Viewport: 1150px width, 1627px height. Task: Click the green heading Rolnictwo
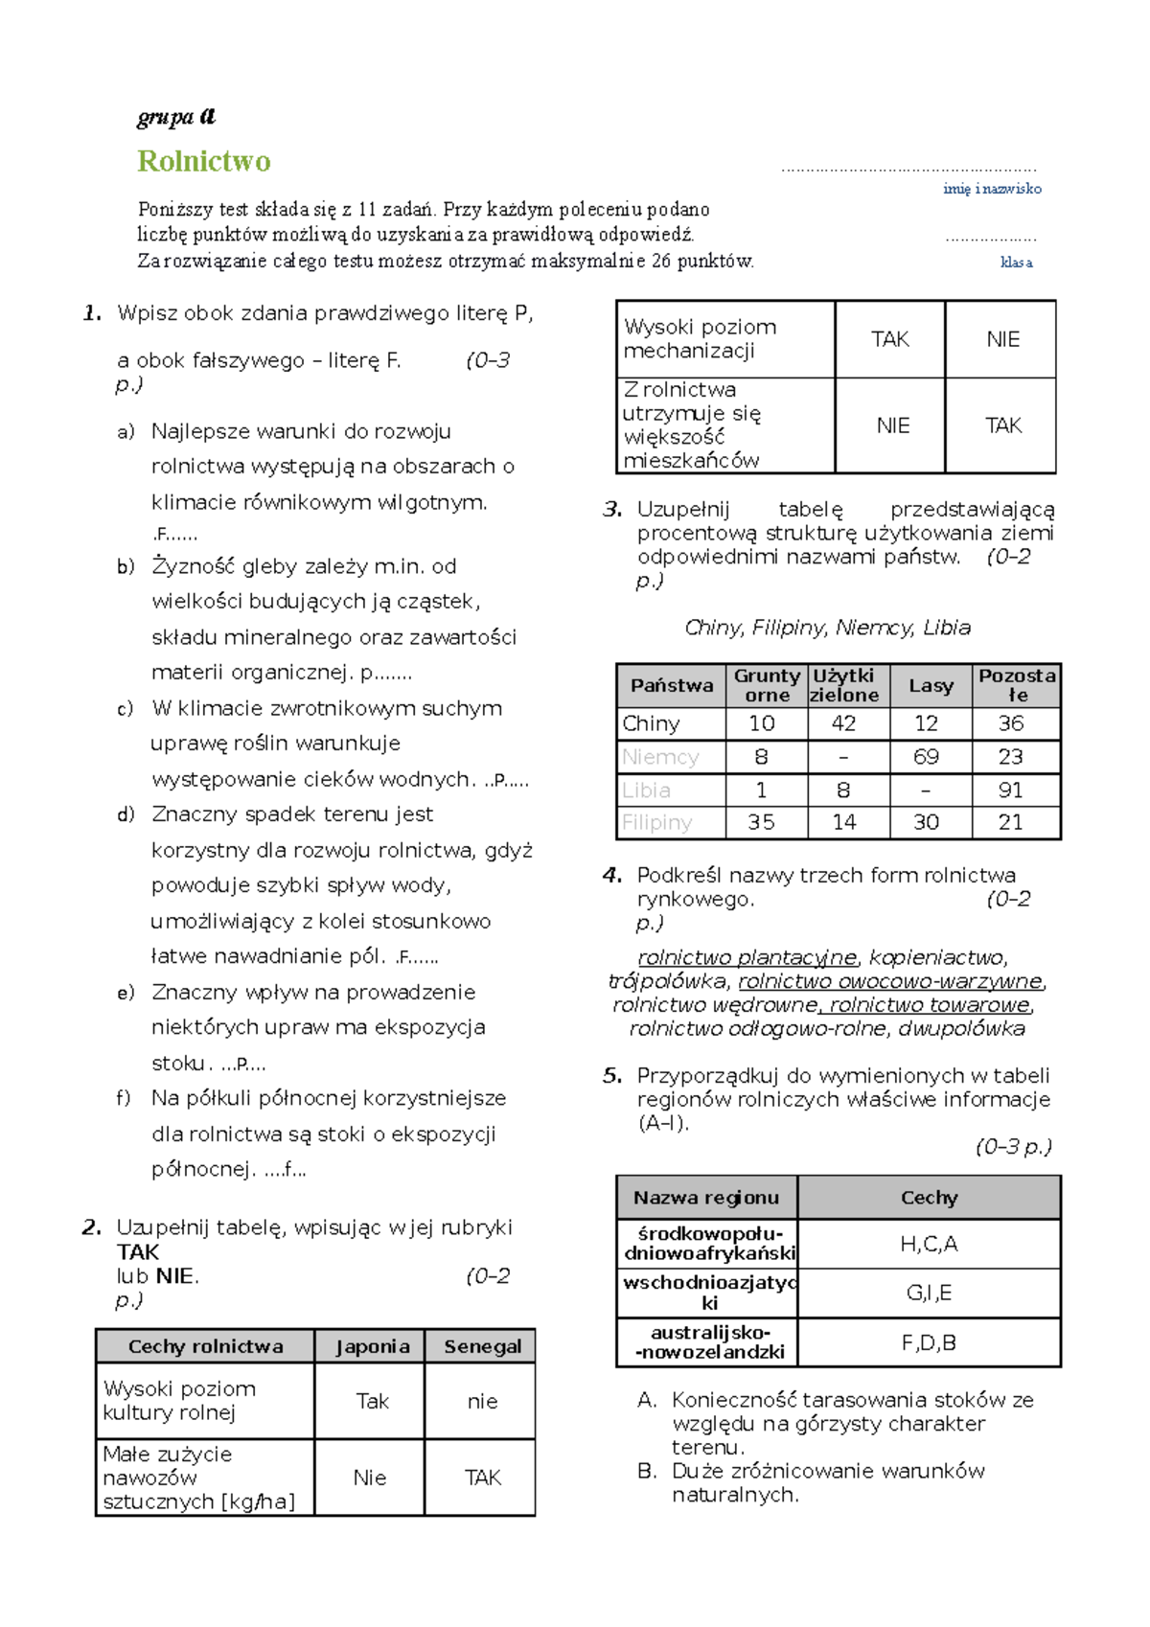pos(204,161)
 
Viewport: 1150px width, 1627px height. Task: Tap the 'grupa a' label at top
pos(176,117)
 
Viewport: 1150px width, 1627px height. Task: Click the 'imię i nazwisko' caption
pos(992,189)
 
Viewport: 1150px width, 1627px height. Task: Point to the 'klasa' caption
pos(1016,262)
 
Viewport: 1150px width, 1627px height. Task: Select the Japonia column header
pos(372,1346)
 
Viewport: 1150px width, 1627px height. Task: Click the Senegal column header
pos(482,1346)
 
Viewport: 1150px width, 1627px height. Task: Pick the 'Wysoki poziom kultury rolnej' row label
pos(180,1400)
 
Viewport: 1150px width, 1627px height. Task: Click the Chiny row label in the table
pos(651,723)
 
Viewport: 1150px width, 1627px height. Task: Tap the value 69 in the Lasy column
pos(926,757)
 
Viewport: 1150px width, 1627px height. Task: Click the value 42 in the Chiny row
pos(843,723)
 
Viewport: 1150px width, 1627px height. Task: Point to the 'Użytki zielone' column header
pos(843,685)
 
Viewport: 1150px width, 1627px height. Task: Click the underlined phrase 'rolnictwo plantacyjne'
pos(747,957)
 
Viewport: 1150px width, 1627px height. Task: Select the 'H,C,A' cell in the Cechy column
pos(928,1244)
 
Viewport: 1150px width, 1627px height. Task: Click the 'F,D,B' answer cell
pos(928,1342)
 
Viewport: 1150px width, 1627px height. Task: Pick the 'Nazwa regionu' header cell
pos(706,1198)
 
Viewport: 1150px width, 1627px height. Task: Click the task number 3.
pos(612,510)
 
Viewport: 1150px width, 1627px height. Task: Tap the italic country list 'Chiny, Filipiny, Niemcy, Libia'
pos(827,628)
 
